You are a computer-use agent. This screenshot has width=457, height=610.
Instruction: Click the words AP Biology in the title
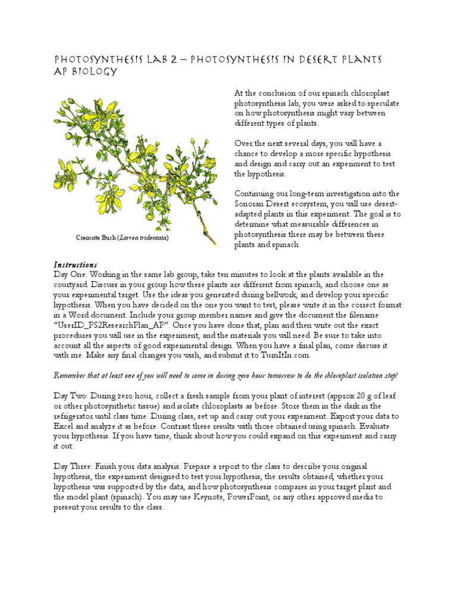85,72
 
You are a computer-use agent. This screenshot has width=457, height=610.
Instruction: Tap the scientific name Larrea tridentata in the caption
143,238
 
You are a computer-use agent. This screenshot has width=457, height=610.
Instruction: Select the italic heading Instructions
76,264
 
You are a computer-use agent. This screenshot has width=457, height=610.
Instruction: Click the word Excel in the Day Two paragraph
66,427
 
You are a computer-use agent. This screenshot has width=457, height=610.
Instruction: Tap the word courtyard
73,284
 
